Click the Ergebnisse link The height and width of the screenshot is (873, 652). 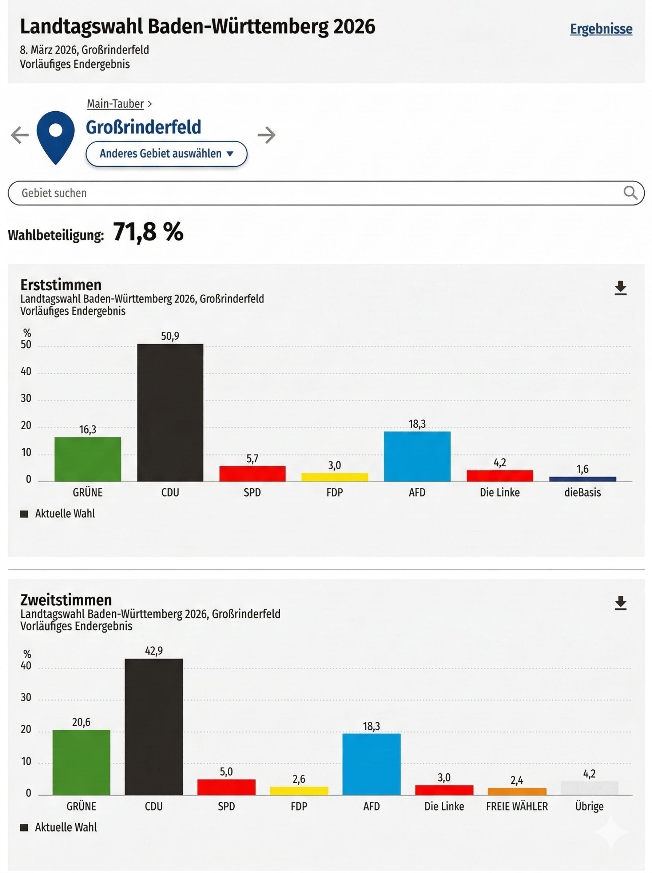coord(601,29)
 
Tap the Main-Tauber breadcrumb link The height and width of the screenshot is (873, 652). coord(115,104)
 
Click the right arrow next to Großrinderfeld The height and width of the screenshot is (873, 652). coord(266,135)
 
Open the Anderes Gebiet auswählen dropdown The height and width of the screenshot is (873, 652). coord(166,154)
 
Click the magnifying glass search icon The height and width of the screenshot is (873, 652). coord(630,193)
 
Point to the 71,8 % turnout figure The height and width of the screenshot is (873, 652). coord(148,232)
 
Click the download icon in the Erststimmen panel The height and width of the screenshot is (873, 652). coord(620,288)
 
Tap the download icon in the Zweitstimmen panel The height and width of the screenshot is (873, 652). coord(620,603)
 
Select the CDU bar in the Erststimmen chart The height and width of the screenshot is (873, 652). coord(170,412)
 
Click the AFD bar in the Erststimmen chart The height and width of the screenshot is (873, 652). coord(417,456)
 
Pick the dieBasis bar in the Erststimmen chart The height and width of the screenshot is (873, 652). coord(583,479)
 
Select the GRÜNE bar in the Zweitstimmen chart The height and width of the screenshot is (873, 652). coord(81,762)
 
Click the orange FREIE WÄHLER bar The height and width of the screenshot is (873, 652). coord(517,792)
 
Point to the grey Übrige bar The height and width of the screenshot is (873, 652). coord(589,788)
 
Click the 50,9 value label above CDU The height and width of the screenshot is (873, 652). coord(170,336)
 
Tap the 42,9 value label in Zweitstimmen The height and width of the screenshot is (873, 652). coord(154,651)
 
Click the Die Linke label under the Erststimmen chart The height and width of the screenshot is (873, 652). coord(500,492)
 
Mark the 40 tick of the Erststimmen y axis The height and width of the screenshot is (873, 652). coord(26,371)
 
